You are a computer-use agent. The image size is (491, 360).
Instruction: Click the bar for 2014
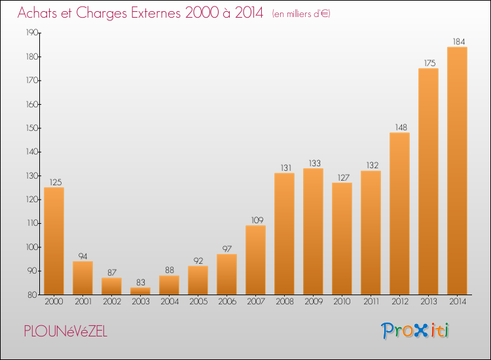(457, 171)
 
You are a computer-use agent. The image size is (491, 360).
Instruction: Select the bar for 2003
(140, 291)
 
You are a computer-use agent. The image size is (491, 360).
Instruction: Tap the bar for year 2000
(54, 241)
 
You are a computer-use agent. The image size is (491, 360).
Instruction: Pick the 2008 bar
(284, 234)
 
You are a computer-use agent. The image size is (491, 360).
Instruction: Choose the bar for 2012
(399, 213)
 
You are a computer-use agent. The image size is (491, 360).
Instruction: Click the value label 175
(429, 63)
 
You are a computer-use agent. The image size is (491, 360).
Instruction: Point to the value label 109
(257, 221)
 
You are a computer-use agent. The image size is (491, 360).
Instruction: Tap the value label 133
(315, 164)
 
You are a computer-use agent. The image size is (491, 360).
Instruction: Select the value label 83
(141, 282)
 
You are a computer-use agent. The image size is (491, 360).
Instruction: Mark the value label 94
(82, 257)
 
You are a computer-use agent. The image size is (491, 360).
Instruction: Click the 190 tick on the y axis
(32, 33)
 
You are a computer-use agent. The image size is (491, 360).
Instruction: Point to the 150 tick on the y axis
(32, 128)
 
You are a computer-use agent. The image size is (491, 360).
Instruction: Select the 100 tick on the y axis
(32, 247)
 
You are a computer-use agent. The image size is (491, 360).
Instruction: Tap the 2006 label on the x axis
(227, 302)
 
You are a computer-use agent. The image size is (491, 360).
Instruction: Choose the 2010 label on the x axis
(342, 302)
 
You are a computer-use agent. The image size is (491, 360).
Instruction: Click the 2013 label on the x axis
(428, 302)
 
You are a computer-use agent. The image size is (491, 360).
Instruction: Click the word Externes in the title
(156, 13)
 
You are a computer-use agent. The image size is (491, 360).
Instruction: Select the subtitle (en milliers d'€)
(301, 14)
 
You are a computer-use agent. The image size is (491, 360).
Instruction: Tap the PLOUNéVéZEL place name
(65, 331)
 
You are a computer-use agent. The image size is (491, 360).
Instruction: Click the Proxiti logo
(415, 331)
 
